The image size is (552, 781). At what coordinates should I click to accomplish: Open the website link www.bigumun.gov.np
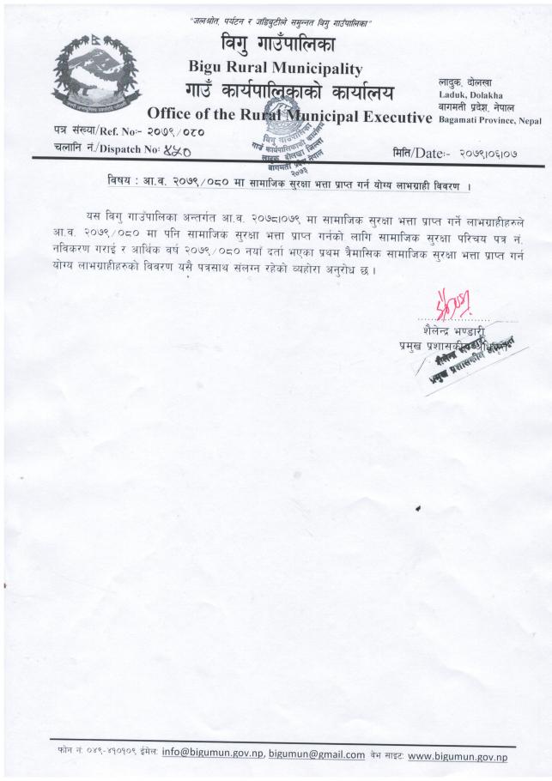[458, 755]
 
